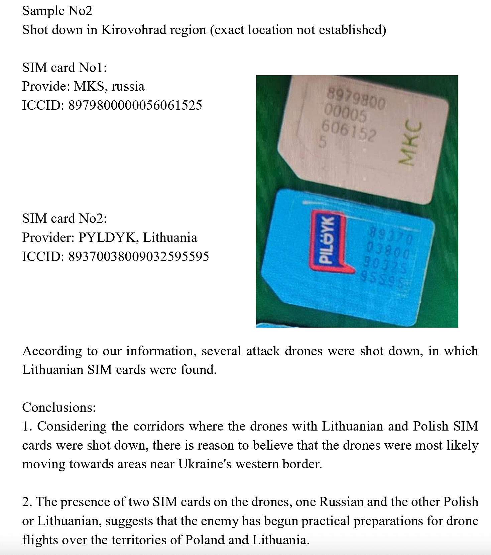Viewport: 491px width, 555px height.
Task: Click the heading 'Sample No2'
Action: click(x=57, y=11)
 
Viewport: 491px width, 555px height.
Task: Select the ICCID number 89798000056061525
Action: click(x=135, y=105)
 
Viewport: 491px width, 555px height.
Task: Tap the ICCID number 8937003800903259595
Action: click(x=138, y=257)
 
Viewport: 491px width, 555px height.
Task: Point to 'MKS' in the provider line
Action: click(x=88, y=87)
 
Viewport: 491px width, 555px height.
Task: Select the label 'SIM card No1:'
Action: click(x=65, y=68)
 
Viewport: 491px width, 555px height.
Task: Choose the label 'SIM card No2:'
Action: click(x=65, y=219)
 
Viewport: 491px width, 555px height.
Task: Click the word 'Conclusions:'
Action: click(x=59, y=407)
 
